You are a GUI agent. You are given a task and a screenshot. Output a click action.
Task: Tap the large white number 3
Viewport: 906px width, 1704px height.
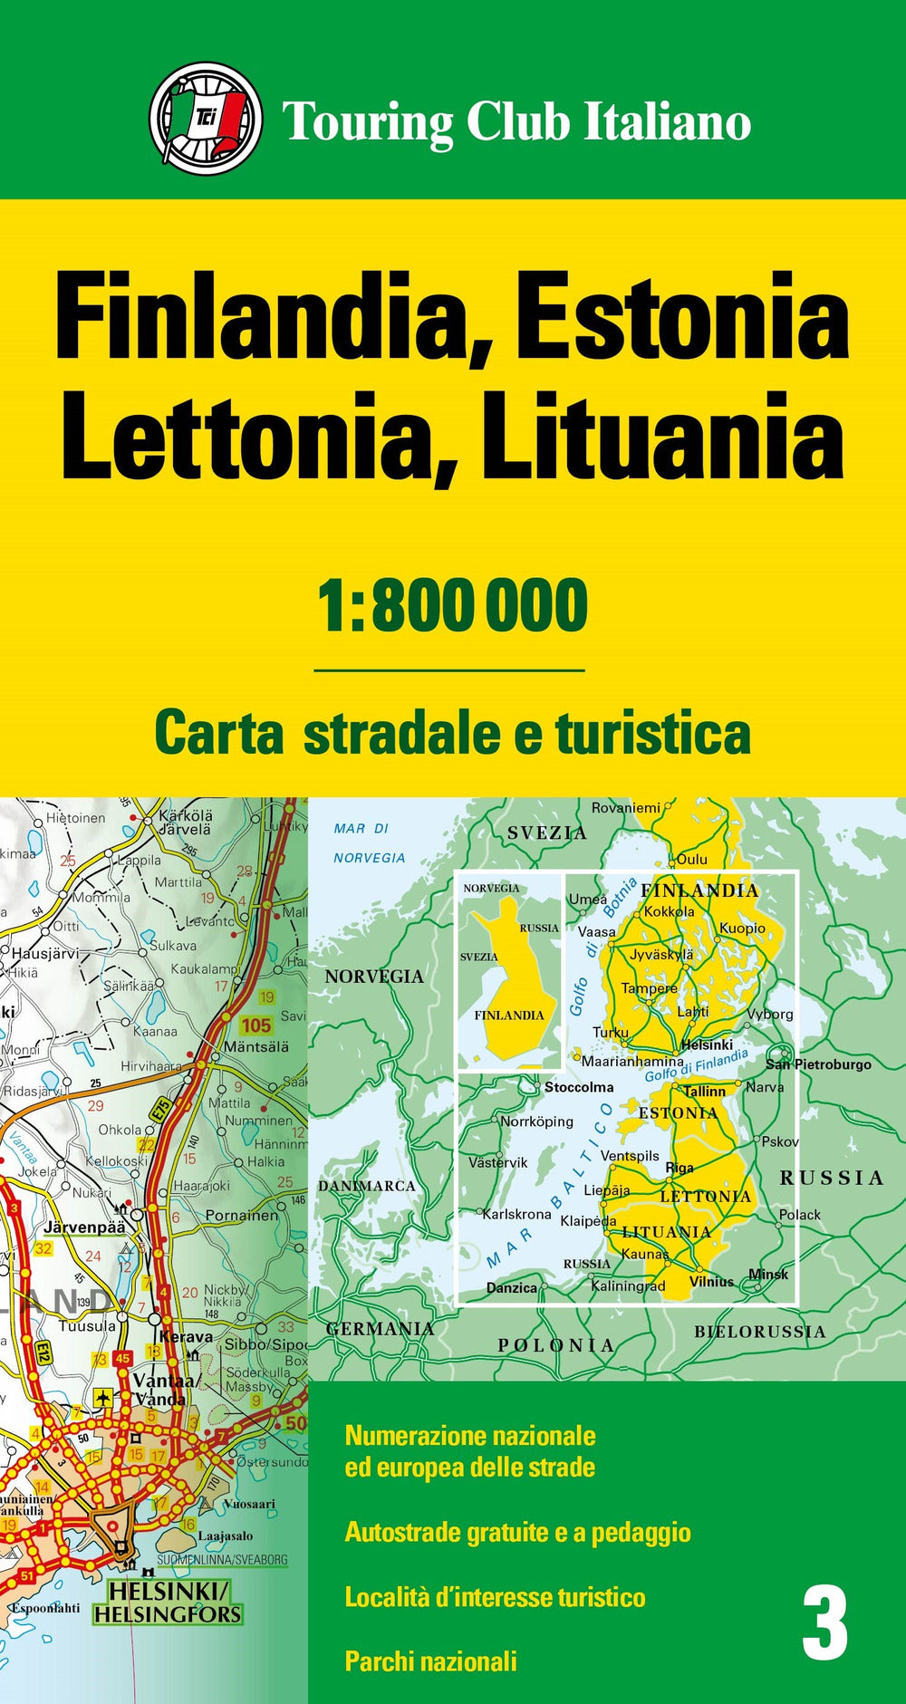coord(824,1626)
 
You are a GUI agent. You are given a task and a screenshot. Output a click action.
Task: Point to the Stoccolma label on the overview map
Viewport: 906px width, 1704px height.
coord(578,1087)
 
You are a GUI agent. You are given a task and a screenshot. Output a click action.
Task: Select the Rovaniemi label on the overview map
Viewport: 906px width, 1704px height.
coord(626,807)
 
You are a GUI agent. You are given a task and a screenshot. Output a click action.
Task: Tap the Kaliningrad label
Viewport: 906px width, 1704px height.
coord(628,1286)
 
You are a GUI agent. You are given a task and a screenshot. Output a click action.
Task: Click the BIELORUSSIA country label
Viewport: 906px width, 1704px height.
coord(759,1332)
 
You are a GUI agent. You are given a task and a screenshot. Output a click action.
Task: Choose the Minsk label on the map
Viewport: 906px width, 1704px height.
coord(768,1274)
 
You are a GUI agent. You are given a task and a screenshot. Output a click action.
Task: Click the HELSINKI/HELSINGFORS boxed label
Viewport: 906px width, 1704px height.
coord(168,1602)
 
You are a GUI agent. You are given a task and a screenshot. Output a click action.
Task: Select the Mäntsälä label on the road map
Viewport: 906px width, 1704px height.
coord(256,1046)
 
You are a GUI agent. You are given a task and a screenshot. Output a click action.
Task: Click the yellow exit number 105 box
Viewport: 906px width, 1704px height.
coord(255,1025)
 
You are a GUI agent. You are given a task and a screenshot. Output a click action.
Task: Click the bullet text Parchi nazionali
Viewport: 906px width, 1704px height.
coord(430,1661)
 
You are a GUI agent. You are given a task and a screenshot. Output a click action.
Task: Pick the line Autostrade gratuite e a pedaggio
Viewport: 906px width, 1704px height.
coord(517,1532)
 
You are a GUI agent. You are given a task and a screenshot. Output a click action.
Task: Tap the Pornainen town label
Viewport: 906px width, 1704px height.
coord(242,1215)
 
